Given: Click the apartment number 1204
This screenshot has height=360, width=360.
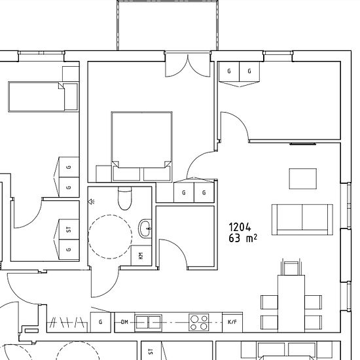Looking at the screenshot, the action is coord(240,227).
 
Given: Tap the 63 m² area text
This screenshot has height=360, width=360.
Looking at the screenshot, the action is coord(243,238).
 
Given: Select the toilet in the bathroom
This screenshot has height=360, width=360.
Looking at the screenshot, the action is coord(124,198).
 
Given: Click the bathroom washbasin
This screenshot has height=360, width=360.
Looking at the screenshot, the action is coord(145,228).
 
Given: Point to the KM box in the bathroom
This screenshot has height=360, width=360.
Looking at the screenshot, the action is coord(141,255).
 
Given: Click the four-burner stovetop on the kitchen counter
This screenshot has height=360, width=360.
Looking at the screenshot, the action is coord(199,322).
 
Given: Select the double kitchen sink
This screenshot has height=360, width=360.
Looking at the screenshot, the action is coord(148,322).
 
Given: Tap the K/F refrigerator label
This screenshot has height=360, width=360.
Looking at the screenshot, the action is coord(232,322).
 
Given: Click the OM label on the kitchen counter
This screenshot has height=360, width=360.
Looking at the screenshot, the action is coord(124,322).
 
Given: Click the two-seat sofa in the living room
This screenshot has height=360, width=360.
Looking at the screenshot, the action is coord(302,219).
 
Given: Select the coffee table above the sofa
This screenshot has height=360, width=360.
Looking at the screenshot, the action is coord(303,179).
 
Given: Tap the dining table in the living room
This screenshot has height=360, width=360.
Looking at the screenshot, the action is coord(291,304).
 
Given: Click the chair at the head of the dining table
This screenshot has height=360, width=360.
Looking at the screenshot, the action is coord(291,267).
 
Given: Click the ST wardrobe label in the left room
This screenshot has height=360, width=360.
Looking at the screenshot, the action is coord(69,229).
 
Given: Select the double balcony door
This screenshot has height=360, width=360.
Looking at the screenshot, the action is coord(188,64).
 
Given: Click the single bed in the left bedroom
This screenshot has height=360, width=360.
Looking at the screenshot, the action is coord(43,97).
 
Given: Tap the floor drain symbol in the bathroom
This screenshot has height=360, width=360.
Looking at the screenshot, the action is coord(91,202).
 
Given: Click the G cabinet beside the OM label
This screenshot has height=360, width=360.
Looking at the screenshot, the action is coord(101,322).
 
